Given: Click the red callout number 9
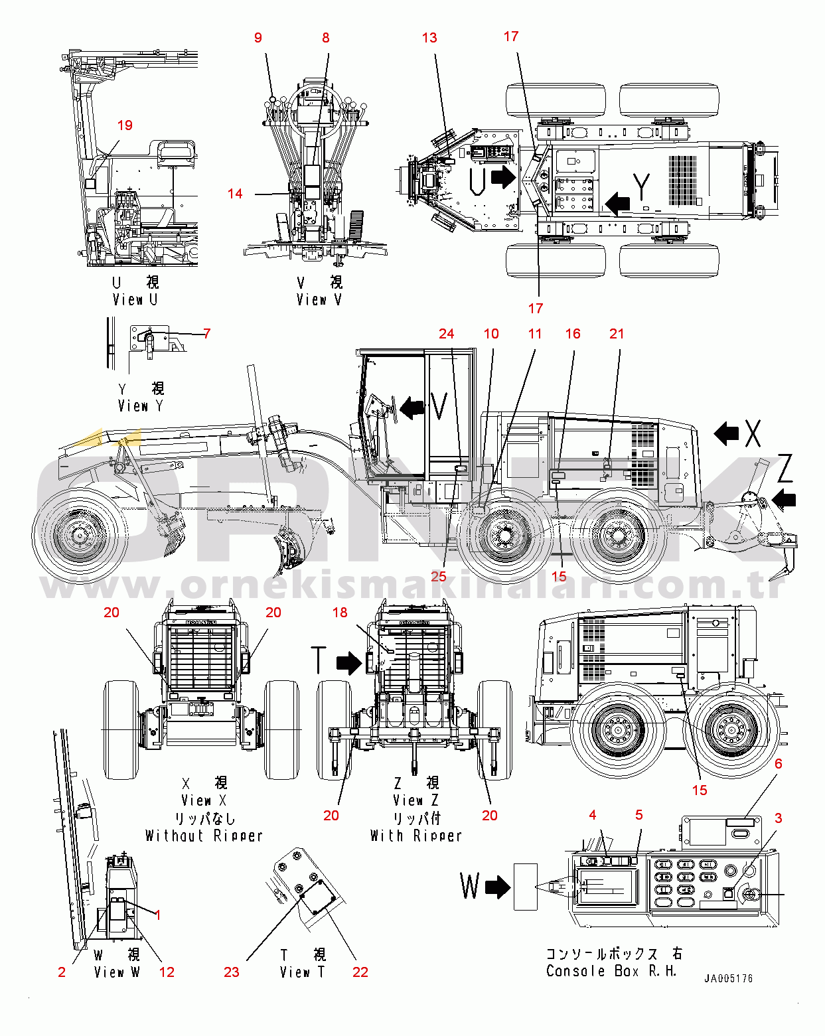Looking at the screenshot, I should click(258, 38).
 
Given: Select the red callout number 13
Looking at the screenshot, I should click(429, 38).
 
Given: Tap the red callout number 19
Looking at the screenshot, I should click(125, 125).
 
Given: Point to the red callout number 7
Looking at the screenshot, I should click(206, 333).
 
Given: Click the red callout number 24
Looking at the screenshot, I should click(446, 334).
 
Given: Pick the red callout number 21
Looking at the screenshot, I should click(617, 334).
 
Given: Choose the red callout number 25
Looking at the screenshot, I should click(439, 576).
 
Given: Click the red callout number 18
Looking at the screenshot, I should click(340, 613).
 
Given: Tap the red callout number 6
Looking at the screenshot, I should click(779, 764).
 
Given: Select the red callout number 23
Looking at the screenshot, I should click(231, 972).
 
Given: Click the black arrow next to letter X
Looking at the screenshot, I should click(726, 434).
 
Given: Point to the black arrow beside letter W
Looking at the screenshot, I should click(498, 887).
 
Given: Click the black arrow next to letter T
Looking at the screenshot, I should click(349, 662).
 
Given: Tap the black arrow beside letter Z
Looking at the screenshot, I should click(784, 498).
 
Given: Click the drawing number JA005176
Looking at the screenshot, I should click(728, 978).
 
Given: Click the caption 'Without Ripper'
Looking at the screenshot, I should click(204, 836).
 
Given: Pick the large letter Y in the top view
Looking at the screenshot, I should click(642, 187).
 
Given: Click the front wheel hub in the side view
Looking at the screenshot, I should click(80, 535).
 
